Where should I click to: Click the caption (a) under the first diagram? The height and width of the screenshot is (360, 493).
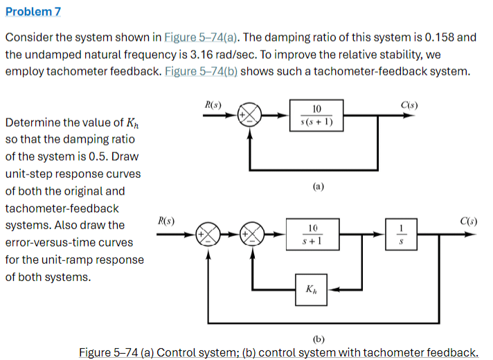point(318,186)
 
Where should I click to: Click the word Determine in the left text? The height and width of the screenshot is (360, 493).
point(31,123)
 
